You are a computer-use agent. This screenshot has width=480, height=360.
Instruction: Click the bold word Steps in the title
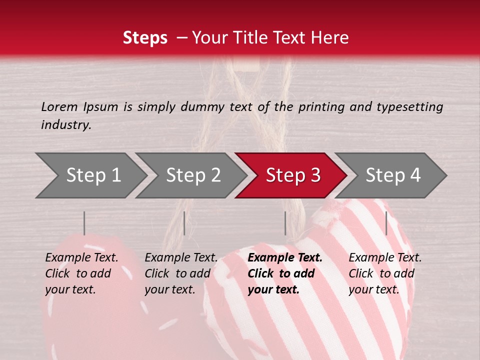click(x=145, y=38)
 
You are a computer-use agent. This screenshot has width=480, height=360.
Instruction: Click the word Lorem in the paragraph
click(x=59, y=106)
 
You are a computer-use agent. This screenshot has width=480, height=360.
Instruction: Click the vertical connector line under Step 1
click(x=84, y=223)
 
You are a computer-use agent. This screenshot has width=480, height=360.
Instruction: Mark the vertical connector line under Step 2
click(x=184, y=223)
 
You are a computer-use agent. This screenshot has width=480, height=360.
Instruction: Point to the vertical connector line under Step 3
click(x=285, y=223)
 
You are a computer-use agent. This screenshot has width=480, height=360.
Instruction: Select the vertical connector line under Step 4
click(x=386, y=223)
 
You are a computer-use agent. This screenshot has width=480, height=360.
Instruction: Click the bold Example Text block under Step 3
click(x=285, y=273)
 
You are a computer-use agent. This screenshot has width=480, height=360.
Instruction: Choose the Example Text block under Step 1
click(x=81, y=273)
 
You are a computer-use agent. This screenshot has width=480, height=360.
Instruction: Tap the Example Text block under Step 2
click(x=181, y=273)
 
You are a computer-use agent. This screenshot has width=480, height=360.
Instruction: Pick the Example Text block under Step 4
click(x=385, y=273)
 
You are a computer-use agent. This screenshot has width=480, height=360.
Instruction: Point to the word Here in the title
click(x=331, y=38)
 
